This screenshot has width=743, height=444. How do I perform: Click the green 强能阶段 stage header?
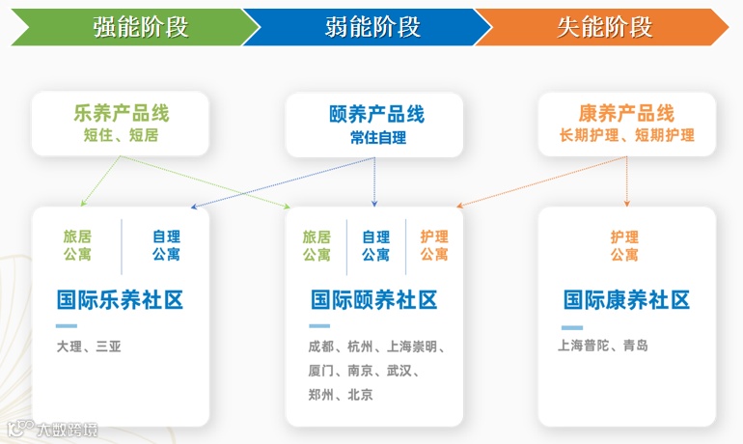(140, 26)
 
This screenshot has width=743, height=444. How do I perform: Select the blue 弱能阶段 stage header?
(372, 26)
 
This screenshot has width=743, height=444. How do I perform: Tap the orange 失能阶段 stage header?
(604, 26)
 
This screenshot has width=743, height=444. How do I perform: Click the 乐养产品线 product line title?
(121, 113)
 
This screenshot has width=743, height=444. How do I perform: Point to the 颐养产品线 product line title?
(376, 115)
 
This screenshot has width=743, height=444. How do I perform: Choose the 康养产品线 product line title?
(626, 113)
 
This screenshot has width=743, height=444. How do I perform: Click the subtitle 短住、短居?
(121, 135)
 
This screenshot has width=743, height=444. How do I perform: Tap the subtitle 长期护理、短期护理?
(626, 135)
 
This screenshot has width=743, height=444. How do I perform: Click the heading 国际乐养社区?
(120, 300)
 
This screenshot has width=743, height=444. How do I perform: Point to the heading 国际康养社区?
(626, 300)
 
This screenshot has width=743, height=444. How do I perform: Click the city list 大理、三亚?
(90, 346)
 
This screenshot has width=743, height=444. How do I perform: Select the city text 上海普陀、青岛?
(603, 346)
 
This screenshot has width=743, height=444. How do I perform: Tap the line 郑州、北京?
(341, 395)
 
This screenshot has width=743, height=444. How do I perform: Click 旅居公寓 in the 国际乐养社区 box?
(77, 245)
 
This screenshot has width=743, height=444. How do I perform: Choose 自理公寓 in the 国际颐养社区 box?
(375, 245)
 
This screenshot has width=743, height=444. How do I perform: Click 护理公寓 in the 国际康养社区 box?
(624, 245)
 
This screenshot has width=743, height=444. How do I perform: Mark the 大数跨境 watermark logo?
(52, 428)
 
